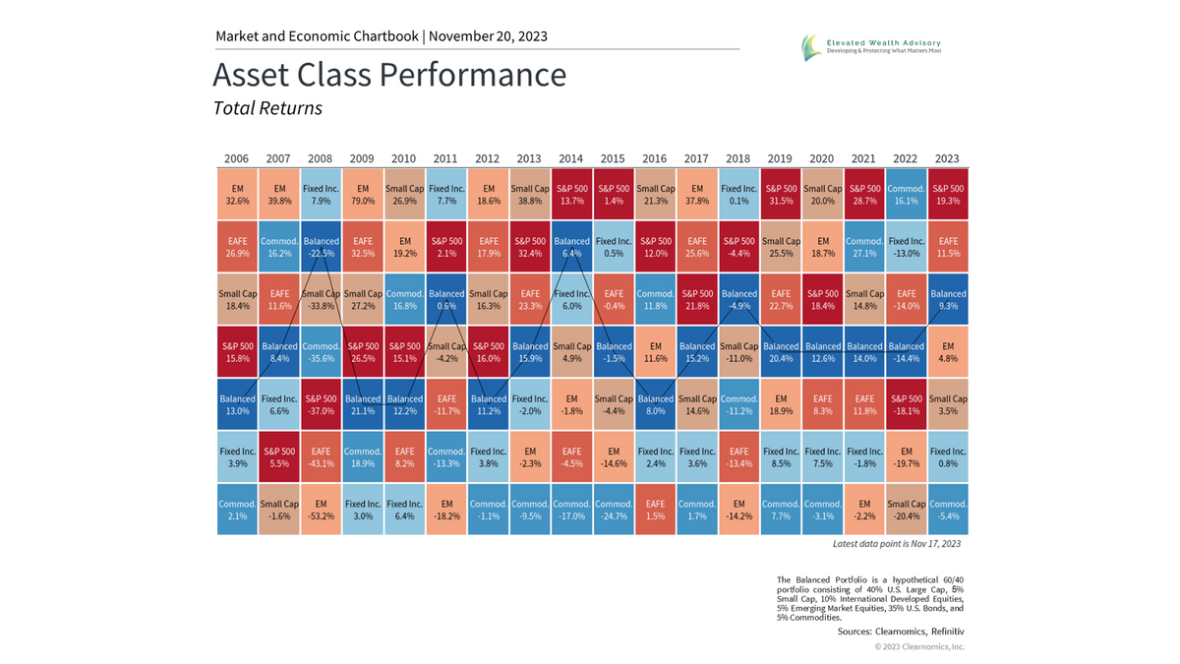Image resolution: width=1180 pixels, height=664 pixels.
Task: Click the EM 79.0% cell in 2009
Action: (362, 194)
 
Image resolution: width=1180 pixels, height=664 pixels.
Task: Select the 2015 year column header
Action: (613, 158)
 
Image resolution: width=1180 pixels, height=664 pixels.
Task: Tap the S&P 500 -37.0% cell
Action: (321, 405)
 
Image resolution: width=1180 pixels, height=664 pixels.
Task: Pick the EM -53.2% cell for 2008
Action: (321, 510)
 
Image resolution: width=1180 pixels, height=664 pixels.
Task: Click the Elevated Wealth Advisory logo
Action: (870, 46)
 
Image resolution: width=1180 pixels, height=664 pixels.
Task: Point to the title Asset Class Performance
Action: (389, 76)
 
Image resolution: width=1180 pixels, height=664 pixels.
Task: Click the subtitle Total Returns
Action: (267, 108)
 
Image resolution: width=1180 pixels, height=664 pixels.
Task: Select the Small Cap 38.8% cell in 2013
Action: (529, 194)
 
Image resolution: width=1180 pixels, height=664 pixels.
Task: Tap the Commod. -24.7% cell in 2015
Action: (613, 510)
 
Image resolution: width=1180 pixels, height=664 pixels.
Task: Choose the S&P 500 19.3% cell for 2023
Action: (948, 194)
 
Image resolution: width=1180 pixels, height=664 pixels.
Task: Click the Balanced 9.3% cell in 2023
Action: (948, 300)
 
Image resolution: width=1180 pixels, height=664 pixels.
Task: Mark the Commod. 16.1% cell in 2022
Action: (906, 194)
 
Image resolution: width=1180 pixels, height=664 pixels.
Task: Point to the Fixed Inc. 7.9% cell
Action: (321, 194)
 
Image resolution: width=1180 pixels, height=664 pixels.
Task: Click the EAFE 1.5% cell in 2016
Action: (655, 510)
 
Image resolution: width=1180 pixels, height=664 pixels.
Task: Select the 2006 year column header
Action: (237, 158)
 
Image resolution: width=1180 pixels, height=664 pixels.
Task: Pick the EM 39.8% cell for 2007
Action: (278, 194)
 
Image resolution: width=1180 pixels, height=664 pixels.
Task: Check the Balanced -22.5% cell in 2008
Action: (321, 247)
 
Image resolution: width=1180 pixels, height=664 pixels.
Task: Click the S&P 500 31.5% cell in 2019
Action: (781, 194)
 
